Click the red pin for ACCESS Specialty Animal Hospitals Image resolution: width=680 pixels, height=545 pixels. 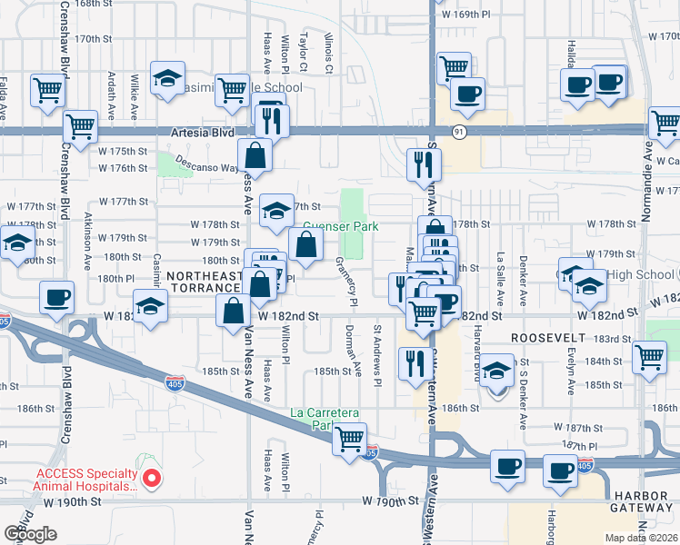coord(153,477)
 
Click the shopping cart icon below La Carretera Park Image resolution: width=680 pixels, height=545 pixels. coord(349,441)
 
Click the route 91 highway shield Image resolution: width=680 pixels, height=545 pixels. coord(459,132)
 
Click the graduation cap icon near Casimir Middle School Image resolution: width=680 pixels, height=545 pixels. coord(167,78)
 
